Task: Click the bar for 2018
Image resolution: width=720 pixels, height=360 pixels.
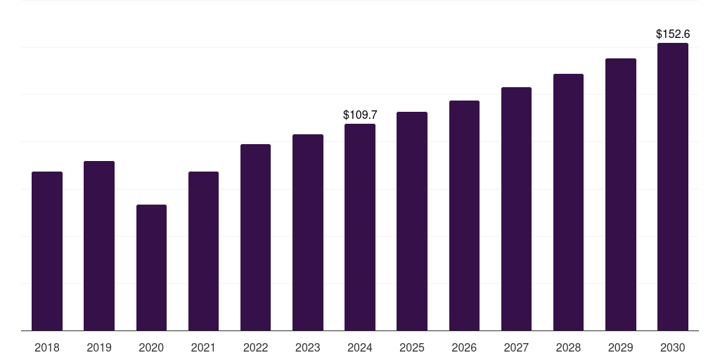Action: tap(47, 251)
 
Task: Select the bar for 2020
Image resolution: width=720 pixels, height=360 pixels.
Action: tap(151, 267)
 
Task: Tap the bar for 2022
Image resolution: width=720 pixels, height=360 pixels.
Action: tap(255, 237)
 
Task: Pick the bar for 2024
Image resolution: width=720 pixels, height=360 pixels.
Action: tap(360, 227)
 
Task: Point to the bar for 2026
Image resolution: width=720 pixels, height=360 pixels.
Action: tap(464, 215)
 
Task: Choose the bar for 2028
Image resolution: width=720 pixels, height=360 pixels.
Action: tap(568, 202)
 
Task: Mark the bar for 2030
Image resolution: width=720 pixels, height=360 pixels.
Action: tap(673, 186)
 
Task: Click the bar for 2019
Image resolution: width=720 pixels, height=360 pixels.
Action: tap(99, 245)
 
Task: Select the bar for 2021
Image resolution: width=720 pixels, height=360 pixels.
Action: tap(203, 251)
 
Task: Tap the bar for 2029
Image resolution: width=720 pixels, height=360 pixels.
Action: tap(621, 194)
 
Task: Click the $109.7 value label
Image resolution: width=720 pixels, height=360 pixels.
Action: tap(360, 115)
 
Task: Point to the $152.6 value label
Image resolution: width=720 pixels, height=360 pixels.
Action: tap(673, 34)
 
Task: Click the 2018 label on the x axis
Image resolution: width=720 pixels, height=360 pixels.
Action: tap(47, 347)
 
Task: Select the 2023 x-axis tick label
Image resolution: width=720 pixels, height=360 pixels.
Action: tap(308, 347)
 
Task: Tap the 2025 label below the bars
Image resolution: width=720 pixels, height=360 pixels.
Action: tap(412, 347)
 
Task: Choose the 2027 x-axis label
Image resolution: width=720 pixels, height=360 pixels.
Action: tap(516, 347)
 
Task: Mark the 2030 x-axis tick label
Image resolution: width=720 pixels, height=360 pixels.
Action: tap(673, 347)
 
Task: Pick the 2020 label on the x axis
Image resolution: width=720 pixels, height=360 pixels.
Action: tap(151, 347)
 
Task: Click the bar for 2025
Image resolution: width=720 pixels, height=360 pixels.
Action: tap(412, 221)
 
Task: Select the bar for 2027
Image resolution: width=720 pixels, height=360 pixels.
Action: tap(516, 209)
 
